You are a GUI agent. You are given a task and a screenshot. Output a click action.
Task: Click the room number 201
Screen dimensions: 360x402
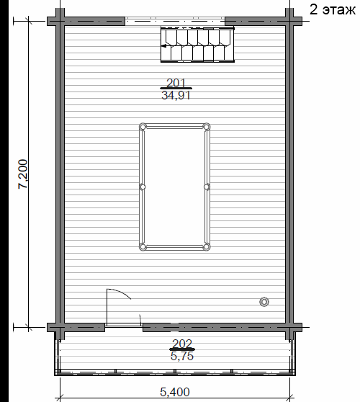176,83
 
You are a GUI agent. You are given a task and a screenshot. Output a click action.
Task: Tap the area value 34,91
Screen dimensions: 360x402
176,96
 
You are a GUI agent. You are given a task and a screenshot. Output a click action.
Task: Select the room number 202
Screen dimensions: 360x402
182,344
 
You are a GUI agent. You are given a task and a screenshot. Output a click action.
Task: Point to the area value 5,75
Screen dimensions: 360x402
182,356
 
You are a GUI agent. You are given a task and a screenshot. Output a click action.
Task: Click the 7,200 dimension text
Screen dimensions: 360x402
22,174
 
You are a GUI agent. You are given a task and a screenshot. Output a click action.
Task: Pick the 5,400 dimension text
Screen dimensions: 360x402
175,392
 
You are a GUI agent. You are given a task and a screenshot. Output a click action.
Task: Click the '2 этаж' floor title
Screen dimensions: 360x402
333,10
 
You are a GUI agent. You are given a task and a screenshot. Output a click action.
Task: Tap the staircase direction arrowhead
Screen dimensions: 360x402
163,46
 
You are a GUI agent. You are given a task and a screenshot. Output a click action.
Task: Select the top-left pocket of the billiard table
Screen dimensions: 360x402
143,127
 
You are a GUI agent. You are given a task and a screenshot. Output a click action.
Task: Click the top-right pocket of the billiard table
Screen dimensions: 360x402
206,126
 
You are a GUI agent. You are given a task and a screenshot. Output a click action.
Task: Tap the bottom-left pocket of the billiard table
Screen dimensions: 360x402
143,247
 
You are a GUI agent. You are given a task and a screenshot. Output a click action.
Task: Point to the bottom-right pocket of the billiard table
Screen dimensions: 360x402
206,247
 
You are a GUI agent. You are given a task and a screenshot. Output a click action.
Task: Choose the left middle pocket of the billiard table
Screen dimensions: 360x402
143,187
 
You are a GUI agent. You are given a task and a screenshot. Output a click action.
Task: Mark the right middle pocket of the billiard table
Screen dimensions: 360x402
207,187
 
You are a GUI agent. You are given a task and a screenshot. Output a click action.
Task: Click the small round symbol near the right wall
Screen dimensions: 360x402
264,302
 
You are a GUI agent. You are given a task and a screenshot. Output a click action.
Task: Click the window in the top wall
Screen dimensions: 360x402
175,21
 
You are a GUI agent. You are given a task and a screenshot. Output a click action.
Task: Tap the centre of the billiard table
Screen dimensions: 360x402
174,187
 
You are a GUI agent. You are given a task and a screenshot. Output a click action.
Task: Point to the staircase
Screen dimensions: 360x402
197,44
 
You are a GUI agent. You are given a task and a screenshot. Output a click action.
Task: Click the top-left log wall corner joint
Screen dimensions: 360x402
60,21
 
